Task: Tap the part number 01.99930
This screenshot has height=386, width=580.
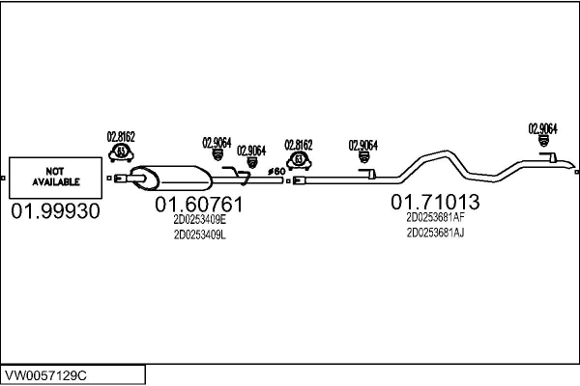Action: [55, 211]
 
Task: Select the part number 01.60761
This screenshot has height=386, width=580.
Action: [199, 205]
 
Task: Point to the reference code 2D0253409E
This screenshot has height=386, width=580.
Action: [199, 220]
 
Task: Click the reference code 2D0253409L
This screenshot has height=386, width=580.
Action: [199, 235]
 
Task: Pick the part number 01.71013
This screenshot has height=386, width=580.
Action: [435, 202]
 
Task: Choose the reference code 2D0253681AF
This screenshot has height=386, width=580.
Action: [436, 217]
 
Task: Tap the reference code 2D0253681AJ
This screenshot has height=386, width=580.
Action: [436, 233]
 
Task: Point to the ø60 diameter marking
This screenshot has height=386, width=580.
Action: [275, 172]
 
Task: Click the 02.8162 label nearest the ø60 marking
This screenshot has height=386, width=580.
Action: [299, 144]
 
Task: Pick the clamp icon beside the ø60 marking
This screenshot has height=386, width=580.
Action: [299, 159]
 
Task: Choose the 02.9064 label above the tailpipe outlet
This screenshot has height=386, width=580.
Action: [542, 127]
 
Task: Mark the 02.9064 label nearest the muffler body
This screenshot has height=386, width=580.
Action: [217, 143]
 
